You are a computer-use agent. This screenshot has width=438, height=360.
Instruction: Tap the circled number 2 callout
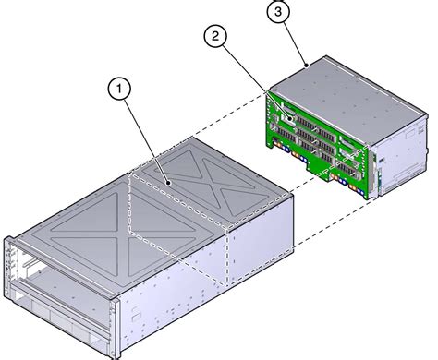(215, 37)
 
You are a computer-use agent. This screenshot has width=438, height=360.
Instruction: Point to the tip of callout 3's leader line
(307, 66)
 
